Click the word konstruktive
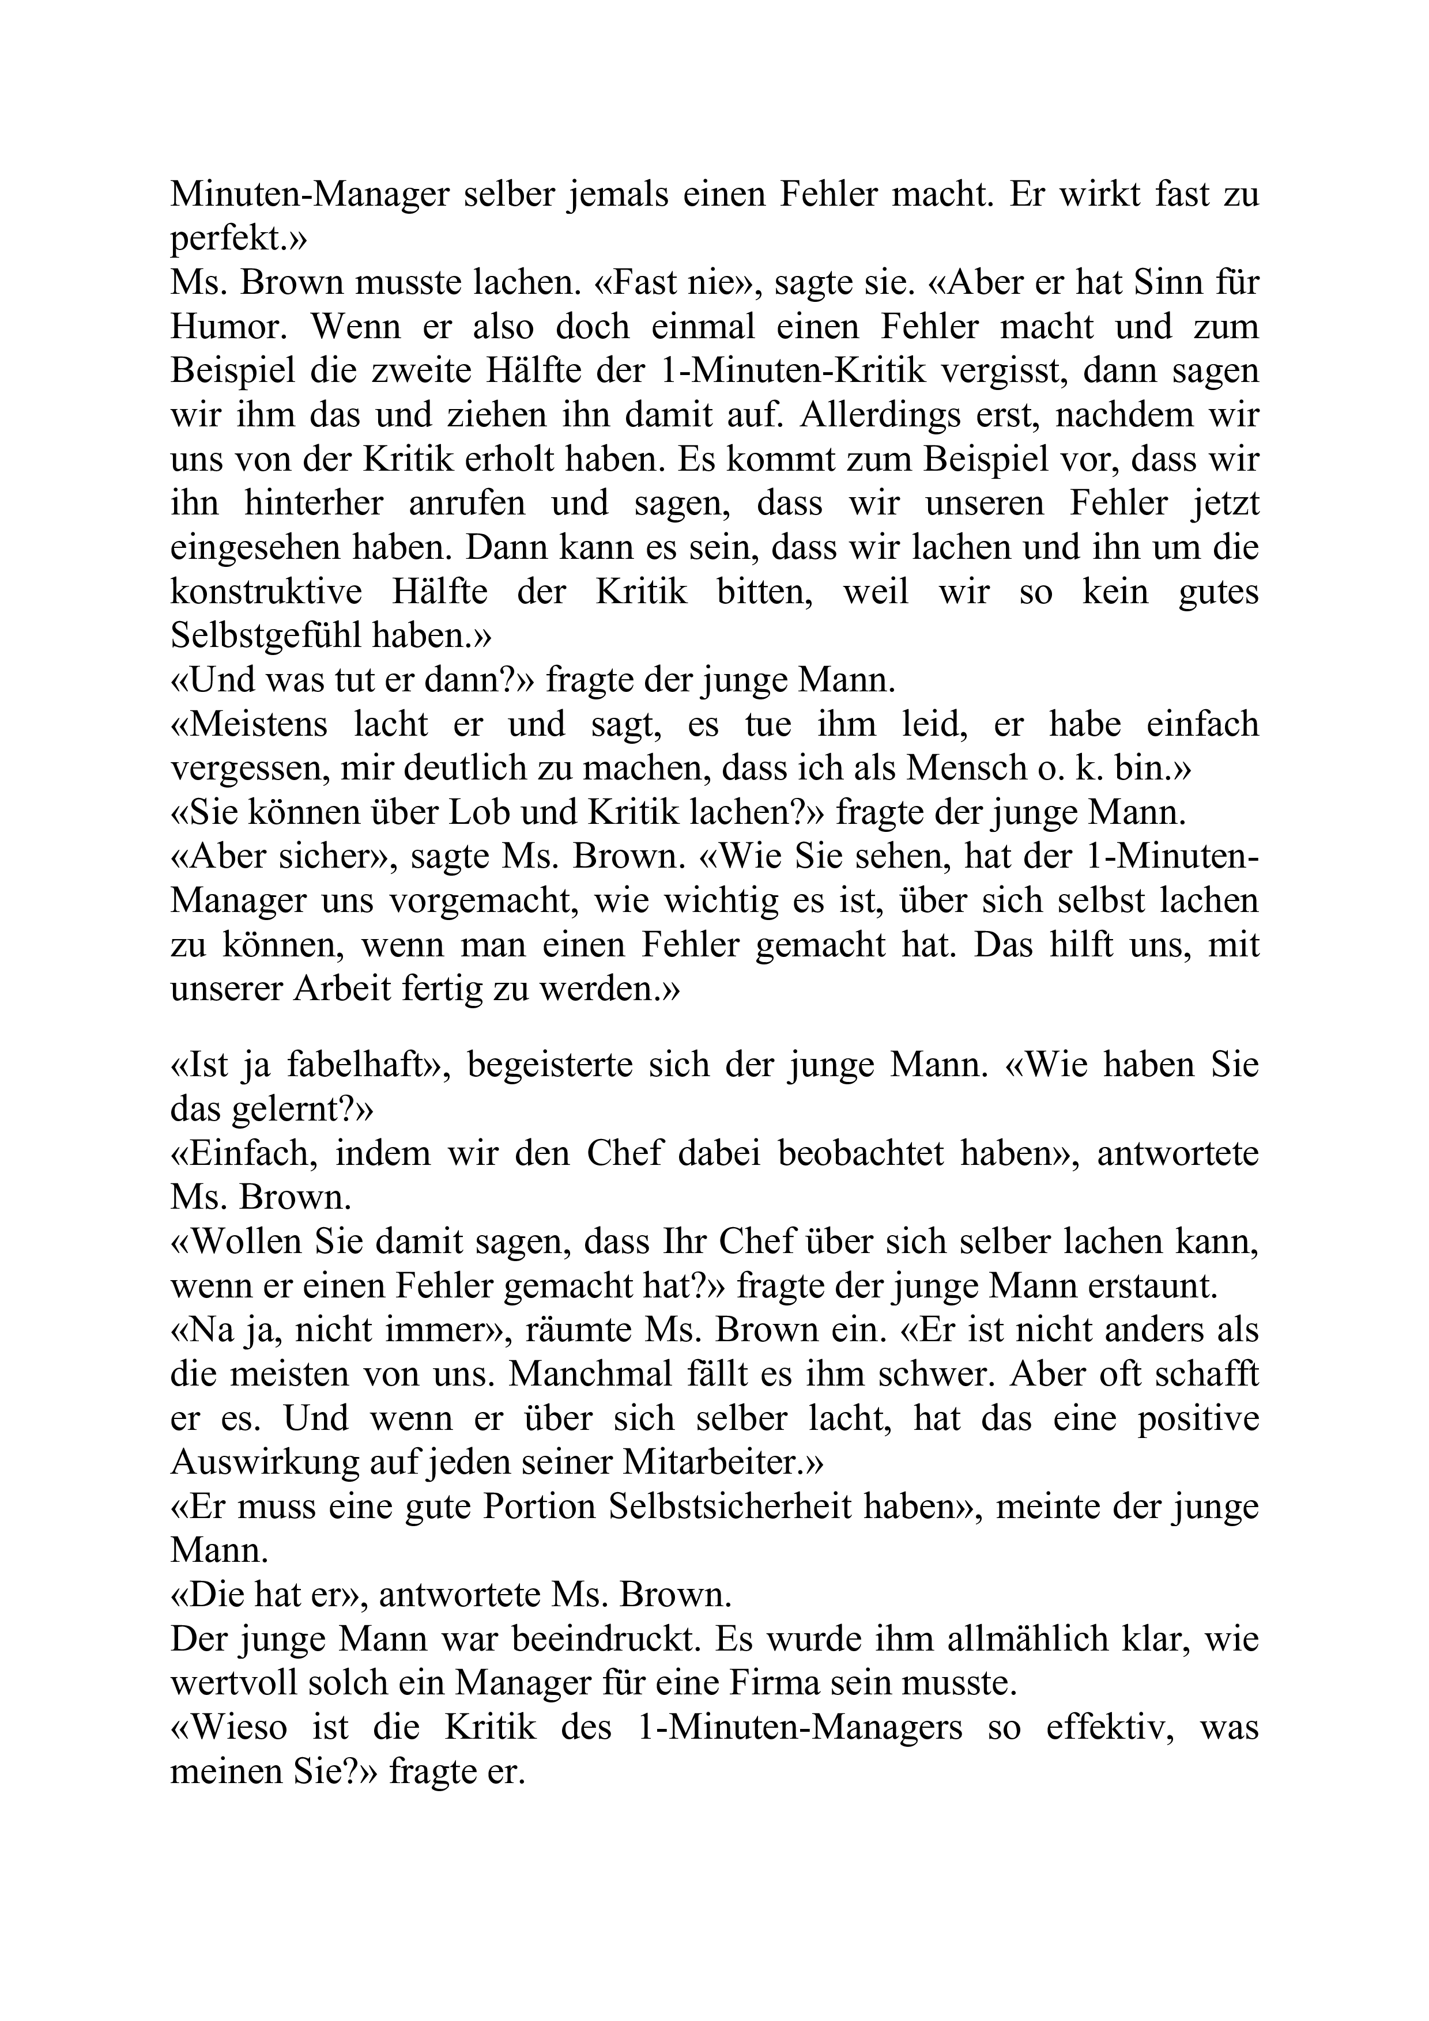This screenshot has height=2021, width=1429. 266,592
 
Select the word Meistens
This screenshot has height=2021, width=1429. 249,724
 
